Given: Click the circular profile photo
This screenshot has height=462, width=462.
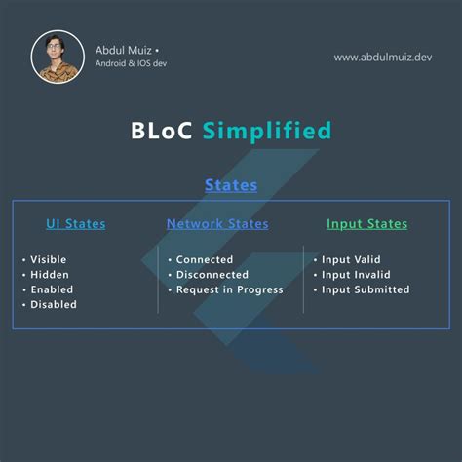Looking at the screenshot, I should [58, 57].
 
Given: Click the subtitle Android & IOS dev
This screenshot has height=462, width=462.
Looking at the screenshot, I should [137, 65].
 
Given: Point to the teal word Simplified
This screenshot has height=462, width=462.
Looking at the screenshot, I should [267, 131].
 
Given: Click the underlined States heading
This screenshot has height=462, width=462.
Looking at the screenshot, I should [231, 184].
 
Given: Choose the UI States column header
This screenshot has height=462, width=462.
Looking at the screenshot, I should [75, 224].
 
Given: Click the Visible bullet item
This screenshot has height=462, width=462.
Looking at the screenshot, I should [49, 260].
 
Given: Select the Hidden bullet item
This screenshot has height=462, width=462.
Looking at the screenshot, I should [50, 275].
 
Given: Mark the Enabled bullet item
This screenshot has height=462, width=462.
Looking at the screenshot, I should [52, 289].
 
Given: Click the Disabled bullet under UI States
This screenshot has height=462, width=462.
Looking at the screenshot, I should [54, 304].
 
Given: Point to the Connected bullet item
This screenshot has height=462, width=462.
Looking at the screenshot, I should [205, 260].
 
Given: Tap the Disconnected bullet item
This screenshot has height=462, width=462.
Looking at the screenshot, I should [212, 275].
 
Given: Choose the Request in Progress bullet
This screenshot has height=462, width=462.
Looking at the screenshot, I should [229, 289].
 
